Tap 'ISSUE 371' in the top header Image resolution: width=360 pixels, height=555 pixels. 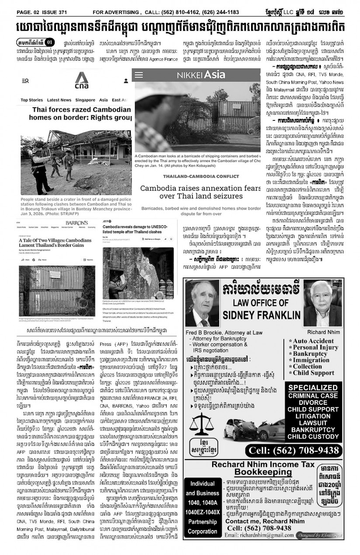[x=57, y=12]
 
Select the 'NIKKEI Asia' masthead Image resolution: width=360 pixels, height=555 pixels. [x=201, y=75]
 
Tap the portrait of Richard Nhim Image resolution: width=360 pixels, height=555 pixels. [x=322, y=303]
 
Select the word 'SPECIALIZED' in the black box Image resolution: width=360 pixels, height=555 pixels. [x=312, y=388]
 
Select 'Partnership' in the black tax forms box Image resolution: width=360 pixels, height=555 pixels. [x=202, y=522]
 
